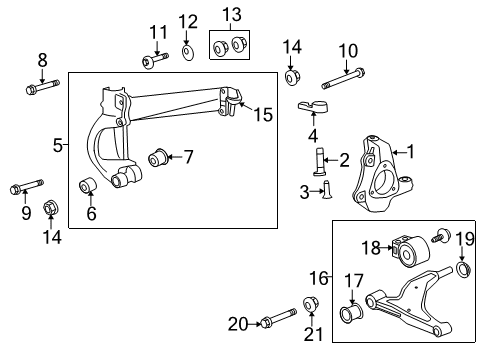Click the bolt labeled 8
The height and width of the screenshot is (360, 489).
tap(43, 91)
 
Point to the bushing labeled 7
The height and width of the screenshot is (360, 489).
tap(158, 157)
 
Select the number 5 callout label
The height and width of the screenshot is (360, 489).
tap(57, 146)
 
